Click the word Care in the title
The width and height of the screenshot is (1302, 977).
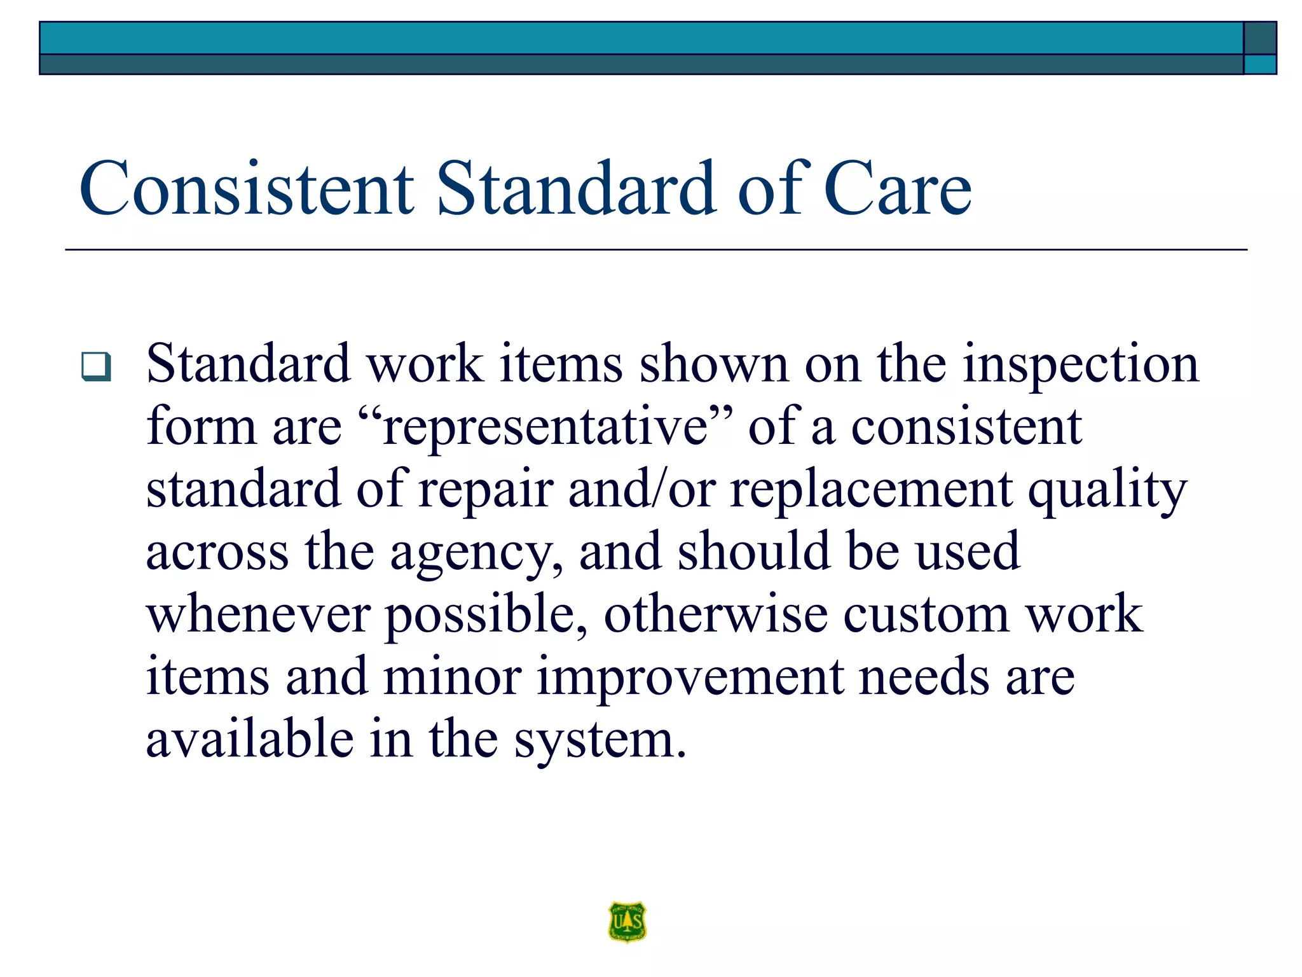pyautogui.click(x=897, y=189)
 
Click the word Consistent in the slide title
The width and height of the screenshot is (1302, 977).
pyautogui.click(x=247, y=189)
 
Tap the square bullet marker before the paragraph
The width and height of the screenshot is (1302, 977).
pyautogui.click(x=96, y=366)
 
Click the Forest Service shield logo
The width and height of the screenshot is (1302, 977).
pyautogui.click(x=627, y=920)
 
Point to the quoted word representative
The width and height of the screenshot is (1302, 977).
pyautogui.click(x=545, y=427)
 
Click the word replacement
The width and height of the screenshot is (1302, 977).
pyautogui.click(x=871, y=490)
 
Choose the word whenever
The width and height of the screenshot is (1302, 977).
pyautogui.click(x=258, y=614)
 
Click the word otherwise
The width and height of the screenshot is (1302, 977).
pyautogui.click(x=715, y=614)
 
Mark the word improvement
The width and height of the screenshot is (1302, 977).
pyautogui.click(x=690, y=677)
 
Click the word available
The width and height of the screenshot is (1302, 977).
pyautogui.click(x=250, y=739)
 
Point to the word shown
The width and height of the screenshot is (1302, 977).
pyautogui.click(x=713, y=364)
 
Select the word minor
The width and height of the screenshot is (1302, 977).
pyautogui.click(x=453, y=677)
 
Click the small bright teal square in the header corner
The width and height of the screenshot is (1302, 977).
pyautogui.click(x=1259, y=64)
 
